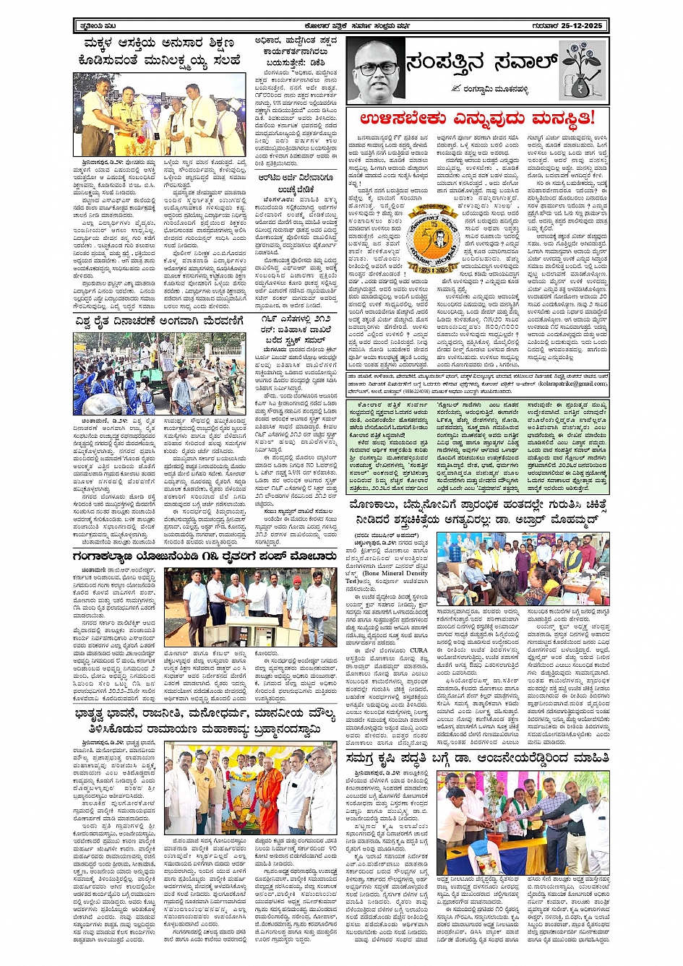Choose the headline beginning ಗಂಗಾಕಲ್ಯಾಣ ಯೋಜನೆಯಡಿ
point(195,557)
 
